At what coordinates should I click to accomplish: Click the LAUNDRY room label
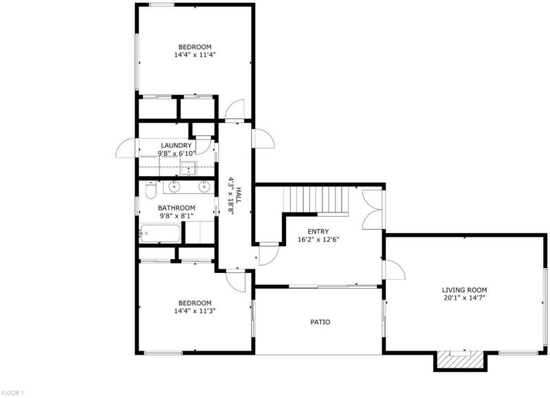pyautogui.click(x=176, y=146)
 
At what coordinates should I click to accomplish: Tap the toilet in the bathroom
pyautogui.click(x=151, y=190)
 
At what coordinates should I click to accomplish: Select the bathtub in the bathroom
pyautogui.click(x=159, y=234)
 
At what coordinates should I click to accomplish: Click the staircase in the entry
pyautogui.click(x=316, y=200)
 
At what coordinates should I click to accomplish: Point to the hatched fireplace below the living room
pyautogui.click(x=460, y=360)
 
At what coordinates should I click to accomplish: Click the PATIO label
pyautogui.click(x=320, y=322)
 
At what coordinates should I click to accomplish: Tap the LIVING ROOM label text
pyautogui.click(x=465, y=290)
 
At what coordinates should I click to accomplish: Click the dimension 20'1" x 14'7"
pyautogui.click(x=465, y=298)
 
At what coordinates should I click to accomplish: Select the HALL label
pyautogui.click(x=239, y=196)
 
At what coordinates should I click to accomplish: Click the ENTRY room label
pyautogui.click(x=318, y=232)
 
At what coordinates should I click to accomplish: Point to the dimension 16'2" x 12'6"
pyautogui.click(x=318, y=240)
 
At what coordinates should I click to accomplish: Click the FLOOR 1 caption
pyautogui.click(x=12, y=393)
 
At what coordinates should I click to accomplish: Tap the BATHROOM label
pyautogui.click(x=177, y=208)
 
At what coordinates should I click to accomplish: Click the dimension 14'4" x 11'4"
pyautogui.click(x=195, y=55)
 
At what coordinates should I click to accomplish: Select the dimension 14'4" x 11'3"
pyautogui.click(x=195, y=311)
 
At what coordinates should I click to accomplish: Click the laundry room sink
pyautogui.click(x=189, y=168)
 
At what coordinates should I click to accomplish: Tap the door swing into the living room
pyautogui.click(x=395, y=269)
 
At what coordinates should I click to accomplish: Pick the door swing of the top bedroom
pyautogui.click(x=234, y=110)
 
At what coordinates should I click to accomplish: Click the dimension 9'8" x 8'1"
pyautogui.click(x=177, y=216)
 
